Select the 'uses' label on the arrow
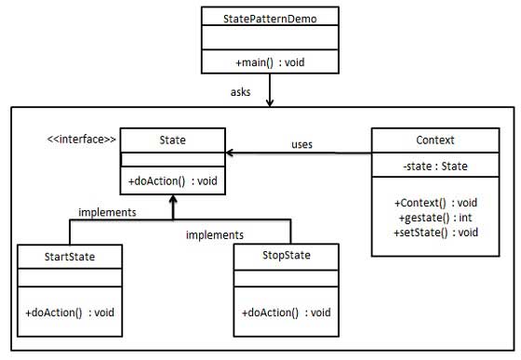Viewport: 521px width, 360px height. (301, 144)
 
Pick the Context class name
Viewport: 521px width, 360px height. (434, 140)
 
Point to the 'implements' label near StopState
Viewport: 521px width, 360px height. (214, 235)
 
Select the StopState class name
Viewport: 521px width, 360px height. (287, 254)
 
